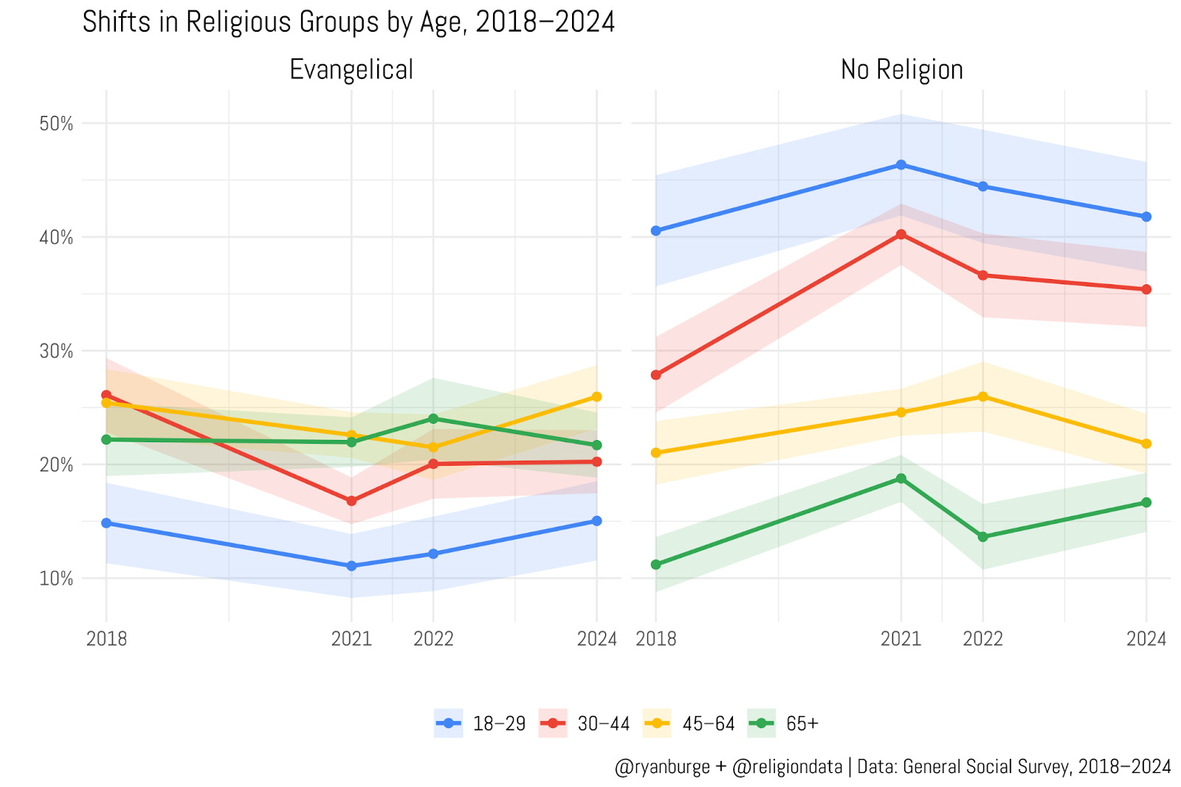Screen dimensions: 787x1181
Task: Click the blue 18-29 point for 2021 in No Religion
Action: click(901, 165)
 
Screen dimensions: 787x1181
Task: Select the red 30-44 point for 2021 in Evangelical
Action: click(351, 501)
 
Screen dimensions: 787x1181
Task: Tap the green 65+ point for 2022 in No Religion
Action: click(982, 537)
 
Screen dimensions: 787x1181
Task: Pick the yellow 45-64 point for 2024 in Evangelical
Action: click(596, 397)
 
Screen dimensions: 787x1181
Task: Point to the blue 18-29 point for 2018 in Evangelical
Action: click(106, 523)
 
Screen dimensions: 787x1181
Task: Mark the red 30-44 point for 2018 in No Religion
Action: click(655, 375)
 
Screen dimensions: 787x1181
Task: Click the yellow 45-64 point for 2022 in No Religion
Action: click(982, 396)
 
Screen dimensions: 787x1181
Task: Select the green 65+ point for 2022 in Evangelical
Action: click(433, 419)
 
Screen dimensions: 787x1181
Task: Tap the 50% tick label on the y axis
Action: click(56, 124)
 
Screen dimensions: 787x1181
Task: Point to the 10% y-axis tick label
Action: click(56, 579)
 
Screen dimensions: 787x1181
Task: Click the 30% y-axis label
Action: click(56, 351)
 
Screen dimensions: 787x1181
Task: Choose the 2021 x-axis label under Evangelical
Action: click(351, 639)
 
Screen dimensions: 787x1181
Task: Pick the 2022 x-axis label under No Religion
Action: click(982, 639)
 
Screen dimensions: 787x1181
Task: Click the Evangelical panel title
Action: click(351, 70)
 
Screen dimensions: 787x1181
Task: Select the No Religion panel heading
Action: click(901, 70)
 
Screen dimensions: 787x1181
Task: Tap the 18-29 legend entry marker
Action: click(448, 724)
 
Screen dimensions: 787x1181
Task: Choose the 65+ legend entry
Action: click(802, 724)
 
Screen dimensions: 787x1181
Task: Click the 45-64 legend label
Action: click(708, 724)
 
